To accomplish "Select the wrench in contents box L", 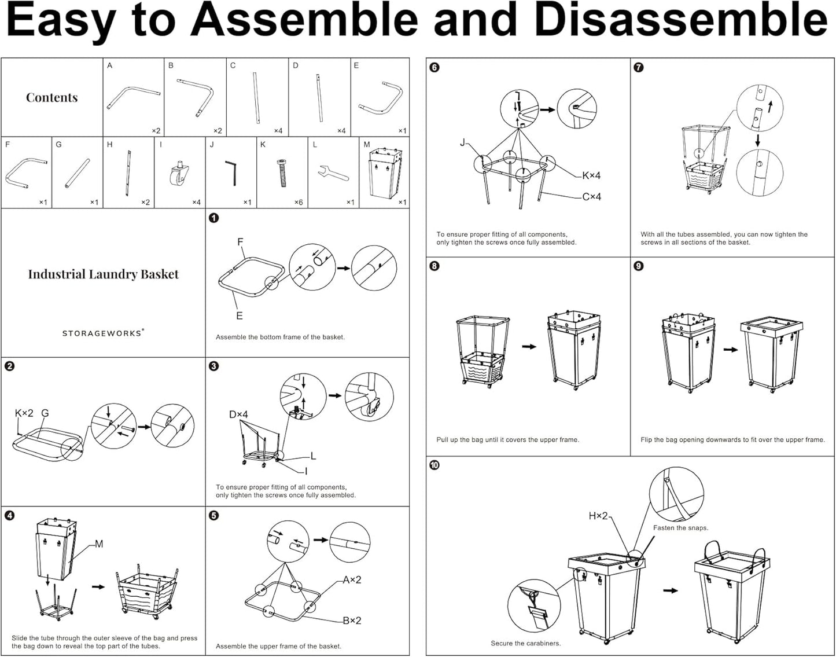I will pyautogui.click(x=333, y=172).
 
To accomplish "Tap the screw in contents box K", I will pyautogui.click(x=282, y=172).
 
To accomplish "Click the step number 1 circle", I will pyautogui.click(x=213, y=218).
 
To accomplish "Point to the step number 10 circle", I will pyautogui.click(x=434, y=465).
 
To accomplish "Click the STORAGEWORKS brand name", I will pyautogui.click(x=102, y=333).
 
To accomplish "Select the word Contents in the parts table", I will pyautogui.click(x=51, y=97).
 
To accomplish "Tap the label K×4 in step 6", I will pyautogui.click(x=591, y=175).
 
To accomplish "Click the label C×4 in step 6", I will pyautogui.click(x=591, y=197).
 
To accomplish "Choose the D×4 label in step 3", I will pyautogui.click(x=238, y=414).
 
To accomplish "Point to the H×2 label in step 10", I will pyautogui.click(x=598, y=515).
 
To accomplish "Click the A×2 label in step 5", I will pyautogui.click(x=352, y=580).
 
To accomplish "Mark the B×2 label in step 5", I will pyautogui.click(x=352, y=621).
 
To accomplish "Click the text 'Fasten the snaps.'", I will pyautogui.click(x=680, y=528).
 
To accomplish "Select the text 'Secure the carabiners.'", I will pyautogui.click(x=525, y=643).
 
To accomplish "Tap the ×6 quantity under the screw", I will pyautogui.click(x=298, y=202).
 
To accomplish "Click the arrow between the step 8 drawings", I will pyautogui.click(x=529, y=347).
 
